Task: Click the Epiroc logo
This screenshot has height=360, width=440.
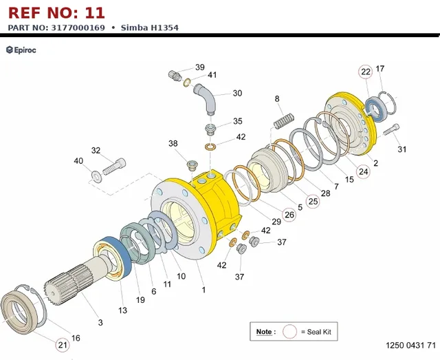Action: [21, 50]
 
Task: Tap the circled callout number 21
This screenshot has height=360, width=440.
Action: [63, 345]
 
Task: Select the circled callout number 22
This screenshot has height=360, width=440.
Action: [365, 72]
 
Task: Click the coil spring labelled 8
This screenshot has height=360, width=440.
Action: [284, 120]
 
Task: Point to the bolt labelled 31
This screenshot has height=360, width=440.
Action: [391, 129]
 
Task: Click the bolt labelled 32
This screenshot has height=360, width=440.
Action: [114, 167]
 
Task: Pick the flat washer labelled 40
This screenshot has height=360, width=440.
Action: [96, 176]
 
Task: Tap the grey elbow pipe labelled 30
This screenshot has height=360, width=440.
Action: [205, 98]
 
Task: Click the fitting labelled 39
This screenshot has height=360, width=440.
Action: [174, 76]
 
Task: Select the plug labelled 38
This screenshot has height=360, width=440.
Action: [192, 165]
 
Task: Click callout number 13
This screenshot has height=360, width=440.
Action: [122, 310]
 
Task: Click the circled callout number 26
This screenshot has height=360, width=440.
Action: [289, 215]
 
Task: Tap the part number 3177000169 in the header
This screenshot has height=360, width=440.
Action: [78, 28]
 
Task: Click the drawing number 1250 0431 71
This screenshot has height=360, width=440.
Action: [411, 345]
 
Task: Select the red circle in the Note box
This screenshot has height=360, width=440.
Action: [289, 332]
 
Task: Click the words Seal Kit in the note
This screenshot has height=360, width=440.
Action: [319, 332]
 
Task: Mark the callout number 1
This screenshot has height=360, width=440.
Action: [203, 290]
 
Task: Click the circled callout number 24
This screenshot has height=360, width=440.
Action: [364, 171]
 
